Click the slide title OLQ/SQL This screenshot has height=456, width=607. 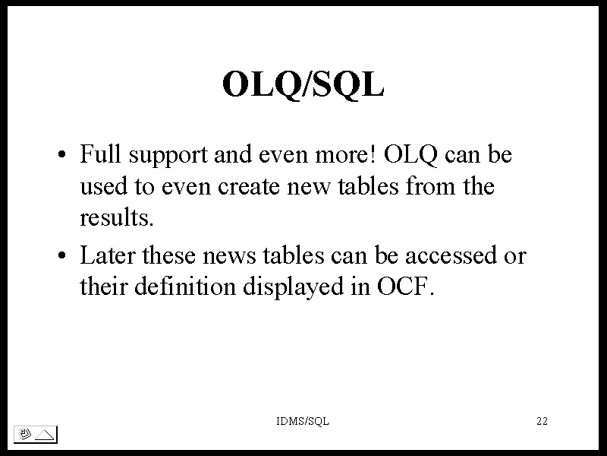pos(303,84)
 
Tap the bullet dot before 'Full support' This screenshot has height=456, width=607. pos(62,154)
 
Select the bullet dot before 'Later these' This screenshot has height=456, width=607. pos(62,255)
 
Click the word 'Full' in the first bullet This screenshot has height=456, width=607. pos(100,154)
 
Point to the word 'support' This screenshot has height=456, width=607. pos(168,156)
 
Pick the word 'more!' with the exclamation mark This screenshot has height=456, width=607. pos(345,154)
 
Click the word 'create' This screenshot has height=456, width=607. pos(249,186)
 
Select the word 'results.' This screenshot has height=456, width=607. pos(117,217)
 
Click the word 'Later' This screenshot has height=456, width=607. pos(108,255)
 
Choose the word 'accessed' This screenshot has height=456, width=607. pos(451,255)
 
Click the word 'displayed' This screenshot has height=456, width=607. pos(293,288)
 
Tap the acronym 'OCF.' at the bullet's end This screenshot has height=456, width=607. pos(405,287)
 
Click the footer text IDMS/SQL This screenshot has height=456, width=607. pos(303,421)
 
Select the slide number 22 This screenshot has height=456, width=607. pos(542,421)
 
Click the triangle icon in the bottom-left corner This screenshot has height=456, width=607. pos(45,435)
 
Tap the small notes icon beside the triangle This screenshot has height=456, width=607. pos(24,434)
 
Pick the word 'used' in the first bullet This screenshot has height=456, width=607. pos(103,185)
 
